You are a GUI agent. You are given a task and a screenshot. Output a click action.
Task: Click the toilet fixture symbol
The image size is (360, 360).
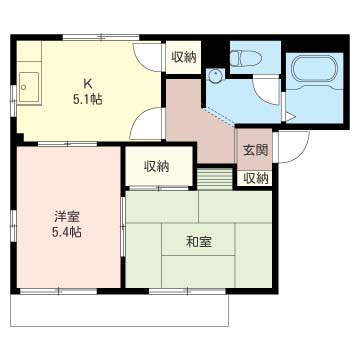pyautogui.click(x=247, y=58)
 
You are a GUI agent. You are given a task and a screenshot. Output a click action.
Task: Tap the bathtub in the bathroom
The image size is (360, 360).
pyautogui.click(x=315, y=70)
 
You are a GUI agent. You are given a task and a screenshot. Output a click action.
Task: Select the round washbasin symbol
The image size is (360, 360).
pyautogui.click(x=215, y=76)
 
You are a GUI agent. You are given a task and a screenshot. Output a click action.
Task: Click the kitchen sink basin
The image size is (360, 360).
pyautogui.click(x=29, y=88)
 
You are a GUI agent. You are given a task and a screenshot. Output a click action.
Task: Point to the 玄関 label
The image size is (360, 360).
pyautogui.click(x=255, y=151)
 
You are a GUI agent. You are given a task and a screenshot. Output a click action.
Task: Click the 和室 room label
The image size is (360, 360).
pyautogui.click(x=199, y=242)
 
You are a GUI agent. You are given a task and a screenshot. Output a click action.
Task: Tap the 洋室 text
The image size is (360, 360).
pyautogui.click(x=67, y=218)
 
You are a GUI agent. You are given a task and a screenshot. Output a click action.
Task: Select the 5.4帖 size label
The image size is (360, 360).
pyautogui.click(x=66, y=232)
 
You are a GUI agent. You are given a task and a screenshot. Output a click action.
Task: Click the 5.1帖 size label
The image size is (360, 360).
pyautogui.click(x=88, y=99)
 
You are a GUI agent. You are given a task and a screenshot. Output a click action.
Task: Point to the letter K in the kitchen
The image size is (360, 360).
pyautogui.click(x=87, y=84)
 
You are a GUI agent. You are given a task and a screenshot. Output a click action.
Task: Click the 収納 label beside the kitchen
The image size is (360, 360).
pyautogui.click(x=184, y=57)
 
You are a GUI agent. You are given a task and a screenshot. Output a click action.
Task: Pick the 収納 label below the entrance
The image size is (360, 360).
pyautogui.click(x=255, y=179)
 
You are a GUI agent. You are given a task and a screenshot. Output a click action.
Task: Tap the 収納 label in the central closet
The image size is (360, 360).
pyautogui.click(x=156, y=166)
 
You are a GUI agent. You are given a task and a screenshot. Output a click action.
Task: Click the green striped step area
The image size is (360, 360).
pyautogui.click(x=215, y=179)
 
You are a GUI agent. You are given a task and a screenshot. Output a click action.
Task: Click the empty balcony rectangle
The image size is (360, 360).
pyautogui.click(x=119, y=310)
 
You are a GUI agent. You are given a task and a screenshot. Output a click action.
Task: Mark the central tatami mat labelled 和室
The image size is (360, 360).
pyautogui.click(x=199, y=239)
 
